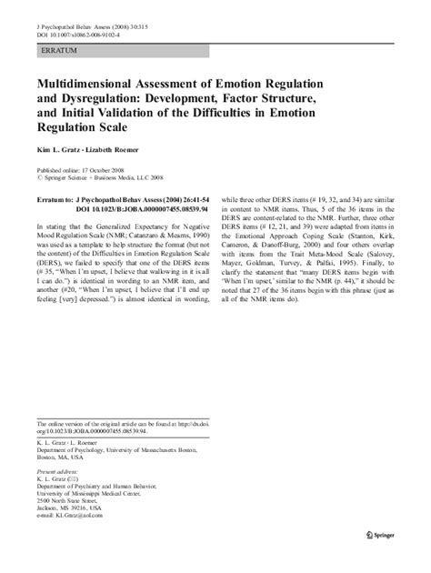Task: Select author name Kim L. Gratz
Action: (x=58, y=146)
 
